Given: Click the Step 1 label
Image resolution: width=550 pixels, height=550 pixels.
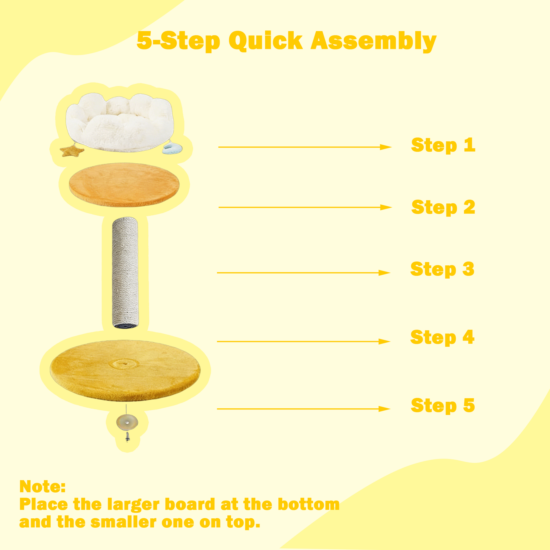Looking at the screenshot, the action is (443, 145).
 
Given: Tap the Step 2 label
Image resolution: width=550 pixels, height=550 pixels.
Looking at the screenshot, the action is (443, 207).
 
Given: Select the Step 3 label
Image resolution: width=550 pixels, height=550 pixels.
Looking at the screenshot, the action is (442, 269).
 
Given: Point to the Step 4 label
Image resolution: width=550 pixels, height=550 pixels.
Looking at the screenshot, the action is (442, 338).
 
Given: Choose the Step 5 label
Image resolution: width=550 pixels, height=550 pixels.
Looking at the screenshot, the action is (443, 406).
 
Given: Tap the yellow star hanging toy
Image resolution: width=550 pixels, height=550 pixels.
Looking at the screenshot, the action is (72, 150).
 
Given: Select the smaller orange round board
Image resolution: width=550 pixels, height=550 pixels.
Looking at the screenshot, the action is (124, 185).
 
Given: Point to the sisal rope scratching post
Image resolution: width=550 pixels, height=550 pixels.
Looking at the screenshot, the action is (125, 272).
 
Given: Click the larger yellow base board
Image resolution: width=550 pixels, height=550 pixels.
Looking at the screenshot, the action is (125, 370).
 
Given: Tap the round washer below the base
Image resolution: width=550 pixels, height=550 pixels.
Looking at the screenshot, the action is (127, 422).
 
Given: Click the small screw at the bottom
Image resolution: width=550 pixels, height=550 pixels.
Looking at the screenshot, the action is (127, 437).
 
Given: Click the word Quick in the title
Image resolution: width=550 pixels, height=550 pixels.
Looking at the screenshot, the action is (266, 42).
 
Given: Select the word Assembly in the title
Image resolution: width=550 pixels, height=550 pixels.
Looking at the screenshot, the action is (374, 42).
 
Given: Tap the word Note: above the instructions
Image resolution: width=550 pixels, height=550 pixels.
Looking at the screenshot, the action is (42, 486).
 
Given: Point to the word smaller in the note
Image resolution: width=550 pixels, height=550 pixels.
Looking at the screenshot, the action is (124, 522).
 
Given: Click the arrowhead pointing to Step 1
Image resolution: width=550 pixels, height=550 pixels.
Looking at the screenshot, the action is (386, 147).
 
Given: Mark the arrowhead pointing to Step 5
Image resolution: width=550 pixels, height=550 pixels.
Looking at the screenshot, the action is (385, 409).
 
